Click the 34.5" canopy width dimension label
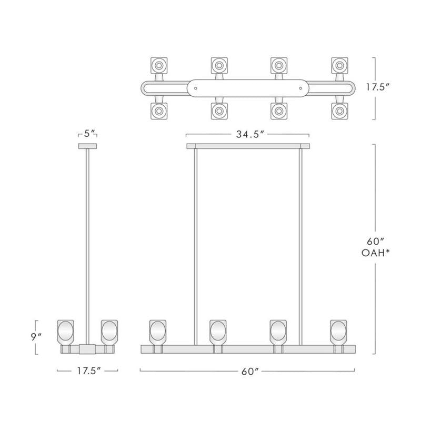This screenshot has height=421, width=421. pos(247,135)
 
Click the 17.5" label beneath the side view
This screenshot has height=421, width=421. pos(87,370)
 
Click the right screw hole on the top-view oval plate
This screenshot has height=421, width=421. pos(300,88)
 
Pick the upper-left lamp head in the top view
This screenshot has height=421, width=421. pos(158,66)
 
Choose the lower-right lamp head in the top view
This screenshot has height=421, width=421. pos(339,111)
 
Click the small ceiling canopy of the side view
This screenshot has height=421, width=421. pos(87,146)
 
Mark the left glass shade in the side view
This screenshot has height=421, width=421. pos(65,332)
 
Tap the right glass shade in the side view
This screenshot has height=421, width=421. pos(109,332)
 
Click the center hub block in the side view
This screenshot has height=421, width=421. pos(87,348)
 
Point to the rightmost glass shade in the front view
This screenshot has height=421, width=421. pos(338,332)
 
